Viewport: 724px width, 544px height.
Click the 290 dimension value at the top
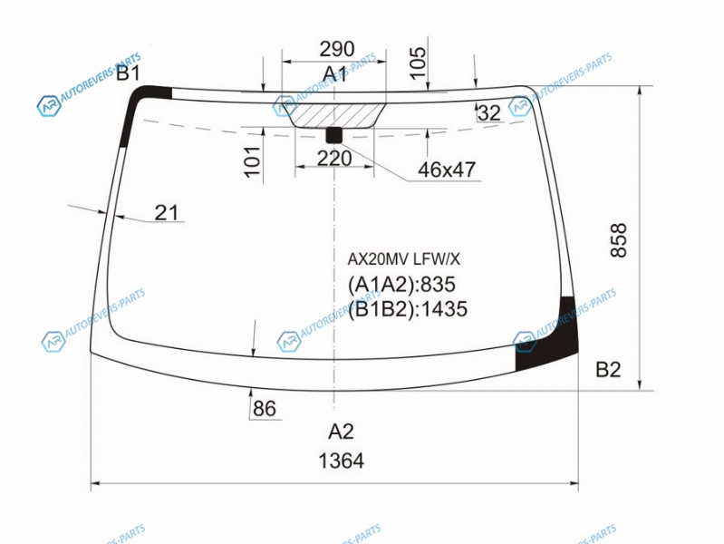click(x=337, y=49)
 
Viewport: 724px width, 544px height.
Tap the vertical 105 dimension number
click(x=419, y=63)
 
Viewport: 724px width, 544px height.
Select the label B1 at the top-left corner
click(x=128, y=73)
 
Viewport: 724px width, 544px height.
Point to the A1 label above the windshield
click(x=334, y=74)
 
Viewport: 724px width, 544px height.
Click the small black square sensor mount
click(x=334, y=134)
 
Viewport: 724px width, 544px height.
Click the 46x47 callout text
click(x=447, y=170)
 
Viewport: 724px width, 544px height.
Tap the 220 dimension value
click(x=334, y=159)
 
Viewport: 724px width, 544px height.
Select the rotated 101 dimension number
click(x=253, y=161)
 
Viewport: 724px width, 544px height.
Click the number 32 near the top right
click(x=489, y=112)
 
